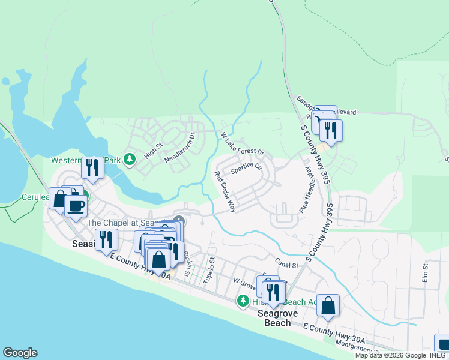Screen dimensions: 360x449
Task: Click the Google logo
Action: [20, 353]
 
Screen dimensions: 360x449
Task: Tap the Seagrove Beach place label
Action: [274, 318]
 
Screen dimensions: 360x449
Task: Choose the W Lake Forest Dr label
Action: [242, 144]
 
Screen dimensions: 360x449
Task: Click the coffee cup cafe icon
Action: [76, 206]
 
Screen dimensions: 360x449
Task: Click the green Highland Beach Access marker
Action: [243, 301]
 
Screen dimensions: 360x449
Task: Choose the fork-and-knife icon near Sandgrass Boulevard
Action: [330, 129]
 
